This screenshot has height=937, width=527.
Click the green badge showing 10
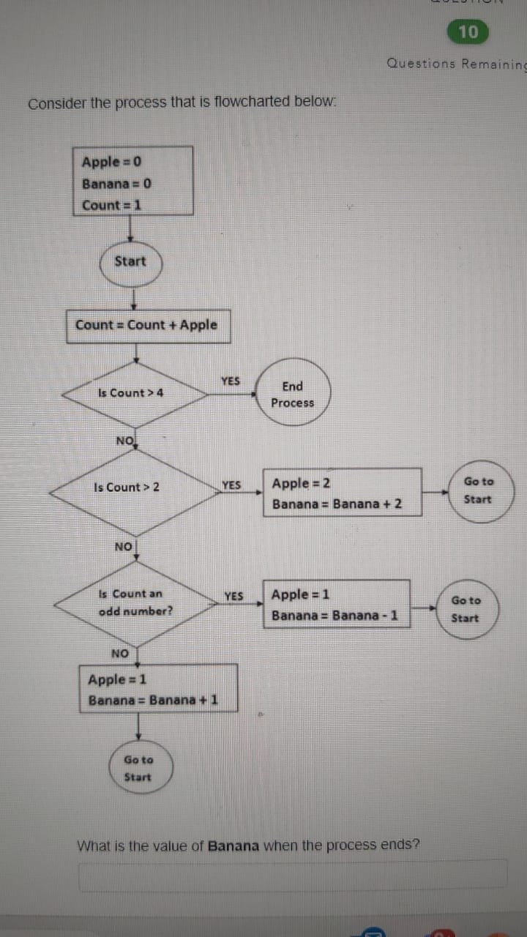pos(468,31)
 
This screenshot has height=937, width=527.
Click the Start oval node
pos(130,261)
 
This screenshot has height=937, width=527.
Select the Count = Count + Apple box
pos(146,325)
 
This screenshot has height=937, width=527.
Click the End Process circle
pos(292,395)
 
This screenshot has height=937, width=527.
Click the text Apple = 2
pos(301,483)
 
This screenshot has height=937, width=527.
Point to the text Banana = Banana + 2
pos(337,504)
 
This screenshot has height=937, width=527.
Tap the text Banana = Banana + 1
pos(153,700)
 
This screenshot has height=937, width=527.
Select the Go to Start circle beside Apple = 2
pos(479,490)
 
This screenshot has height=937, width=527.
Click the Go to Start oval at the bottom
pos(138,769)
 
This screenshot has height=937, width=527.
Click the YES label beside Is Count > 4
pos(231,381)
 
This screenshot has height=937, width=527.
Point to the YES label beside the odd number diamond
pos(233,596)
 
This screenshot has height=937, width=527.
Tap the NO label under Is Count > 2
pos(124,547)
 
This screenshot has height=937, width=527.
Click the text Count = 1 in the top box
pos(111,205)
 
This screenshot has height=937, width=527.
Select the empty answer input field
pos(293,876)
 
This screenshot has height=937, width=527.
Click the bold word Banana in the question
pos(233,845)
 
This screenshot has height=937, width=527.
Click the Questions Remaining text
pos(455,64)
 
